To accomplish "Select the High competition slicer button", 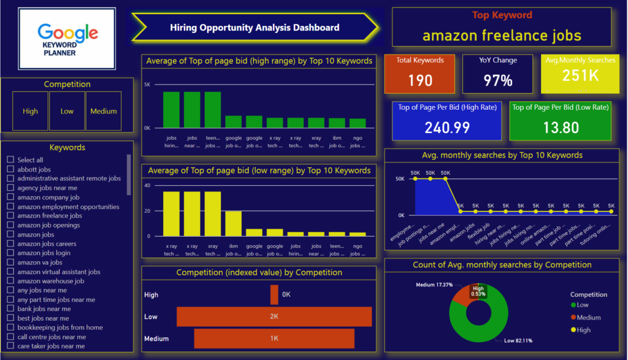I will [x=30, y=111].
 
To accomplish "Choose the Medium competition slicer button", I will [x=103, y=111].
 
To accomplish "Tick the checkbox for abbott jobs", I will [x=10, y=169].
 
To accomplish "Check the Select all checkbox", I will [x=10, y=160].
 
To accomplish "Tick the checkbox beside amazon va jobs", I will [x=10, y=262].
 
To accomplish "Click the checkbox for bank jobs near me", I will [x=10, y=309].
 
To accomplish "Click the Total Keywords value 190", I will [x=419, y=80].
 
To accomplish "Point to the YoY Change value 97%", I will [x=497, y=80].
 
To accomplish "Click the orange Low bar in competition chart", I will [x=274, y=316].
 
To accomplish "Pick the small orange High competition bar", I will [x=274, y=295].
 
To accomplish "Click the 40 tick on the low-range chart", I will [x=147, y=185].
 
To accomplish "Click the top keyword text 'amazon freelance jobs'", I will [x=502, y=35].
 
